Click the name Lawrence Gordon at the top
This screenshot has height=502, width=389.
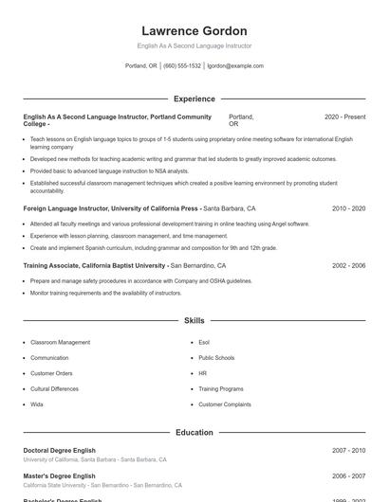[x=194, y=31]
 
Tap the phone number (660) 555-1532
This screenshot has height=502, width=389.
[x=182, y=66]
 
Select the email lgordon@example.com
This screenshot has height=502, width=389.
[x=235, y=66]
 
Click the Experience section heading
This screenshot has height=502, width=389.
[x=194, y=99]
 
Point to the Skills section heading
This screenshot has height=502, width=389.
[x=194, y=321]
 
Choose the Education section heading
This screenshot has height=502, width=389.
[x=194, y=432]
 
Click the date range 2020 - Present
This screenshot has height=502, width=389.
[x=344, y=117]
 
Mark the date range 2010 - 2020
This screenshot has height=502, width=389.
[x=348, y=207]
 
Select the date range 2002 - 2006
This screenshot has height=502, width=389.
[x=348, y=266]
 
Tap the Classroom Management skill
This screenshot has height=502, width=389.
[x=61, y=342]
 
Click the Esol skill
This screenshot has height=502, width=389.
[x=204, y=342]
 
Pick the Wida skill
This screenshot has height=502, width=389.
[x=37, y=404]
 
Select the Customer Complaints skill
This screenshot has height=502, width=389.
[x=225, y=404]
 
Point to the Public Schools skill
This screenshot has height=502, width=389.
[x=216, y=358]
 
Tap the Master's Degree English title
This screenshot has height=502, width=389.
[x=60, y=475]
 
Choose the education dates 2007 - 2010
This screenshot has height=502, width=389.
[x=348, y=451]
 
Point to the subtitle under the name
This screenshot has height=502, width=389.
[x=194, y=45]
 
